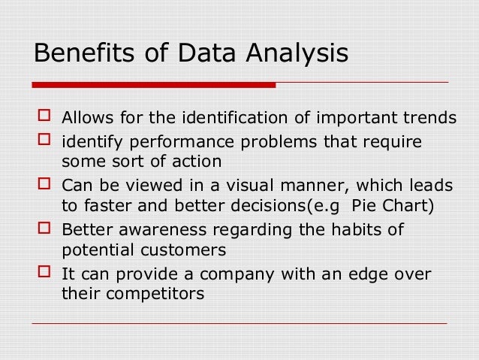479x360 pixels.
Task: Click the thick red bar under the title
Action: [154, 85]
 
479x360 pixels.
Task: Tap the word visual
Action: [227, 186]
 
